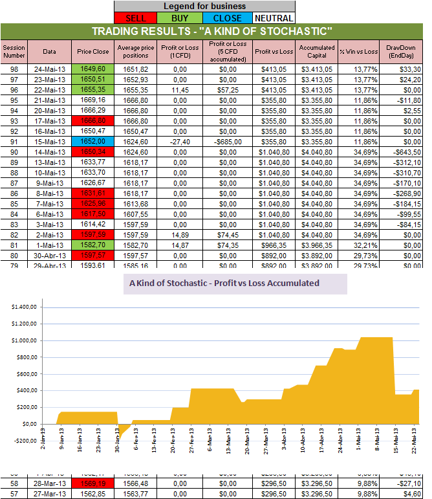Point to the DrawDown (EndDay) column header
point(402,51)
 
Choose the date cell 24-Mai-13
point(50,69)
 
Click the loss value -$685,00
point(224,140)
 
